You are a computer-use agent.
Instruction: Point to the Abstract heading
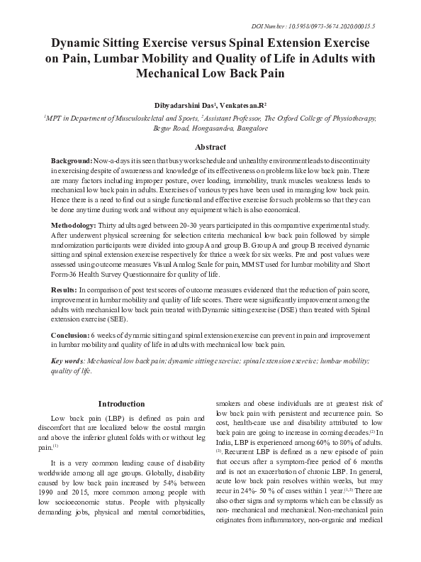210,147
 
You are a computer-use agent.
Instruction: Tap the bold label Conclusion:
70,334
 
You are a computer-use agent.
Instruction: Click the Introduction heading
121,404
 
